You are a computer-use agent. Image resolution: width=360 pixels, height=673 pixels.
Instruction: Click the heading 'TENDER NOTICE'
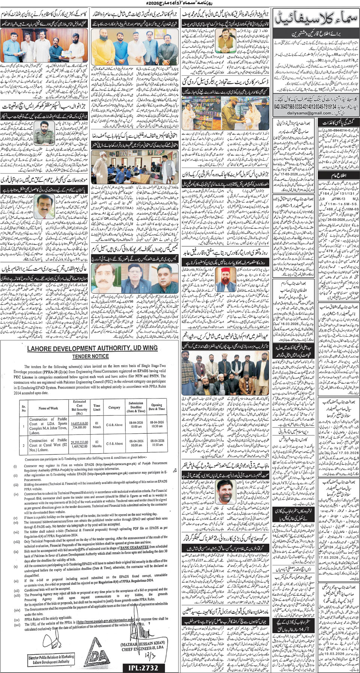click(x=90, y=356)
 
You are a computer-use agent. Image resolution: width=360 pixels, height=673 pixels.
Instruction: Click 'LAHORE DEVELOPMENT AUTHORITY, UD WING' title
click(x=92, y=348)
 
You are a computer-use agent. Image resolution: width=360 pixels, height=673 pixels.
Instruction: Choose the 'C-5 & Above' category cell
click(x=114, y=444)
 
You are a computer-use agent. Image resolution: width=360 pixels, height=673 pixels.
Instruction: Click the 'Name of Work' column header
click(x=48, y=408)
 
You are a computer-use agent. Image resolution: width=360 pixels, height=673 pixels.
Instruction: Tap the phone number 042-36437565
click(x=286, y=107)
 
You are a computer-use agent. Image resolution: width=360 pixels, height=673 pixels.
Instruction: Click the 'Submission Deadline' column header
click(x=136, y=407)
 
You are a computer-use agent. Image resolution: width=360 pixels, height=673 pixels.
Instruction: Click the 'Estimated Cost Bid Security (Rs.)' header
click(x=79, y=407)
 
